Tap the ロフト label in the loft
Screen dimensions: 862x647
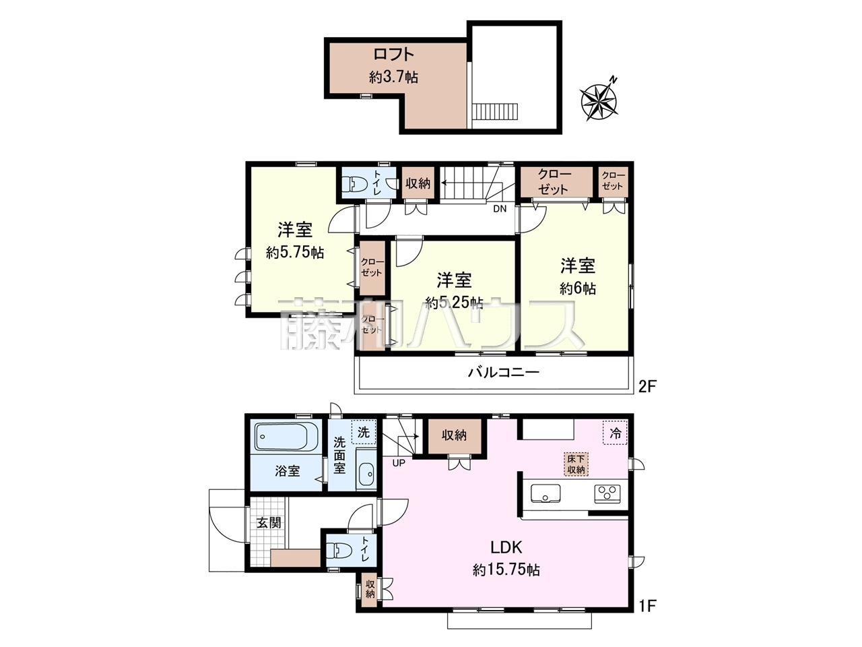point(393,54)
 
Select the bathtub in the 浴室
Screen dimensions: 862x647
point(286,437)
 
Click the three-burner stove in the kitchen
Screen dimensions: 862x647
point(607,493)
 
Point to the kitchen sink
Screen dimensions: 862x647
point(545,493)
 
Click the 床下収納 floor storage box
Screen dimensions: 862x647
point(576,464)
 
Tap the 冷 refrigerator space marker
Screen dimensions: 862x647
point(615,433)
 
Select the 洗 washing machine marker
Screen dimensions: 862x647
point(364,432)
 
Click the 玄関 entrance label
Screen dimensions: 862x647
point(269,522)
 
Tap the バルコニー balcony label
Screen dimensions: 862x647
point(503,372)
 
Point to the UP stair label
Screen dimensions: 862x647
point(398,463)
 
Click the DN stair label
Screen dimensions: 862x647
point(500,209)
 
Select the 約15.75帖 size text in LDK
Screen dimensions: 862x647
point(506,570)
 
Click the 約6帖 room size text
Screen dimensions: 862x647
point(577,288)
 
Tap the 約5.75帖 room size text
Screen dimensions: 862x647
point(294,253)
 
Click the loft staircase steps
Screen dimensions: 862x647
point(496,111)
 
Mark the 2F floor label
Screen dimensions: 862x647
point(647,387)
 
